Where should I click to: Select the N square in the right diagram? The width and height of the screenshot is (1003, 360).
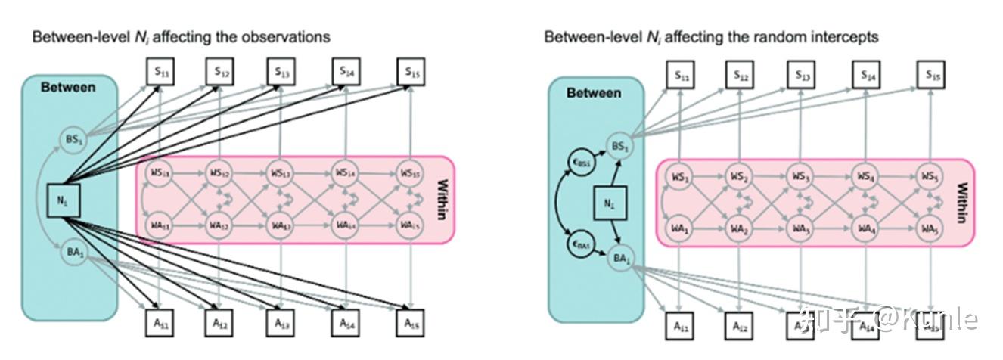coord(607,203)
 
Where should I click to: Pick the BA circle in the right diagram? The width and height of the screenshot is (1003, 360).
coord(619,259)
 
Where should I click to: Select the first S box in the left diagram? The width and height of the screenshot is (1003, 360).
coord(160,73)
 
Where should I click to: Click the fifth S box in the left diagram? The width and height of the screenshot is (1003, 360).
coord(410,73)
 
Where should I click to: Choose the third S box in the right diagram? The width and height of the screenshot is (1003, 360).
coord(802,75)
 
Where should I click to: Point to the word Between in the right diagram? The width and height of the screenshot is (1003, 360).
coord(595,93)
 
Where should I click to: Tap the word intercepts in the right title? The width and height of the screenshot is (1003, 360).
coord(842,36)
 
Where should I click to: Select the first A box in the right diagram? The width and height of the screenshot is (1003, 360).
coord(680,326)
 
